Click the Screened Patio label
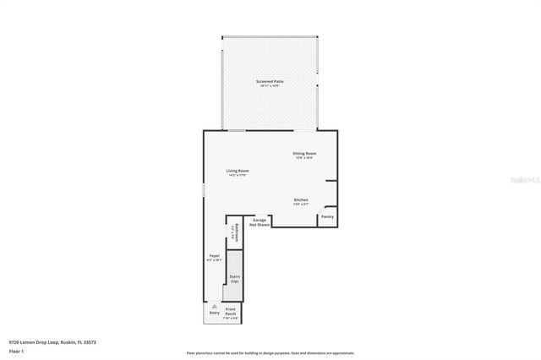click(x=270, y=81)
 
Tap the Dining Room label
click(x=304, y=153)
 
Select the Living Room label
click(x=238, y=171)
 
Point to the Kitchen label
click(x=301, y=200)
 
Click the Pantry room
click(x=327, y=217)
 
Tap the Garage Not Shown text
click(x=260, y=222)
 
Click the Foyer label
click(x=215, y=255)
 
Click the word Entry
click(x=214, y=313)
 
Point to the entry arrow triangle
click(x=214, y=306)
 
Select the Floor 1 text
click(x=16, y=351)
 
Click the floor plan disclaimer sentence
click(x=270, y=353)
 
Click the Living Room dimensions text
click(x=238, y=175)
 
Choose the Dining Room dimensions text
click(x=304, y=157)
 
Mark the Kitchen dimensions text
click(x=301, y=205)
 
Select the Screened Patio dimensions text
click(x=270, y=85)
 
